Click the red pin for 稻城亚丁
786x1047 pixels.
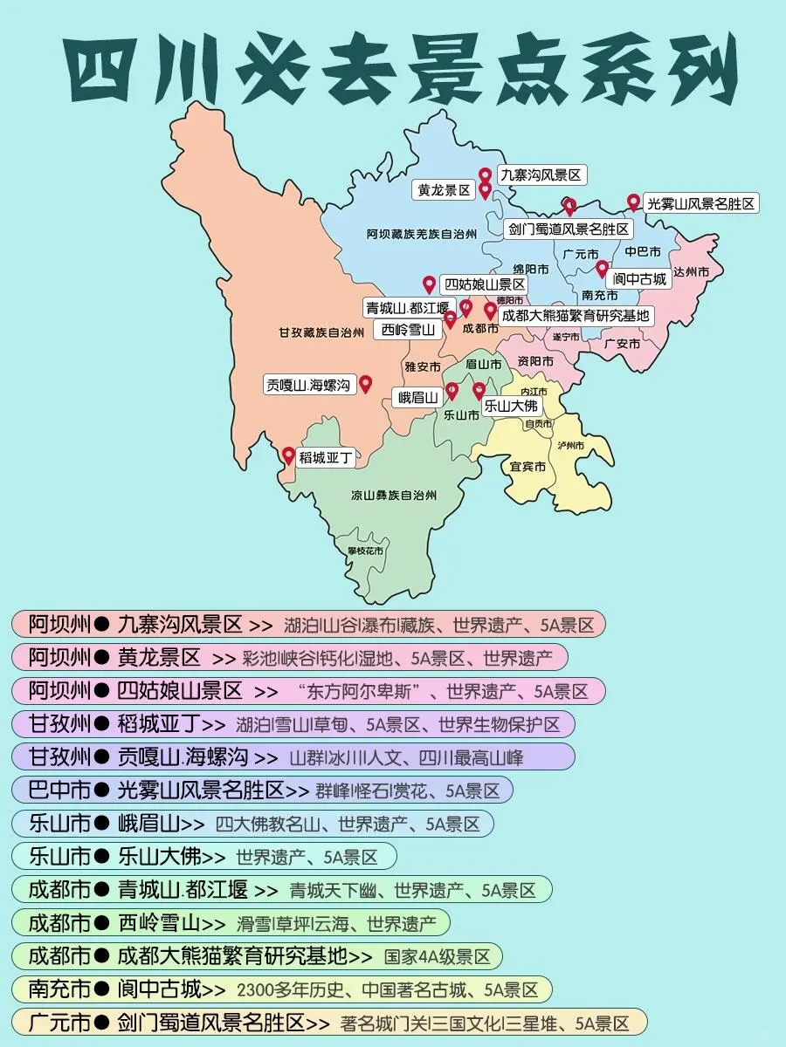[288, 455]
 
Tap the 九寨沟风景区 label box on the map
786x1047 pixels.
[540, 175]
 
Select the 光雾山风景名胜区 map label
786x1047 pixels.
[700, 203]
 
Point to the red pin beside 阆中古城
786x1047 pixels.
[602, 268]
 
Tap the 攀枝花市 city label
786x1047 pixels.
[365, 551]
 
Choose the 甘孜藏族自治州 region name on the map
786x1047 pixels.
[321, 332]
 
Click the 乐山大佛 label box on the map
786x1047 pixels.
[512, 406]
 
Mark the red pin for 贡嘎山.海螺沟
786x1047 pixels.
[365, 383]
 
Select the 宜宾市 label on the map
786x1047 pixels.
[527, 467]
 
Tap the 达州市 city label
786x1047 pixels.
[691, 272]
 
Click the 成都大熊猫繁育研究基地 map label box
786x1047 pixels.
[576, 315]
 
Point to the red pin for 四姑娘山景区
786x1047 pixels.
[429, 284]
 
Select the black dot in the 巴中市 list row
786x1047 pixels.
[102, 790]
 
